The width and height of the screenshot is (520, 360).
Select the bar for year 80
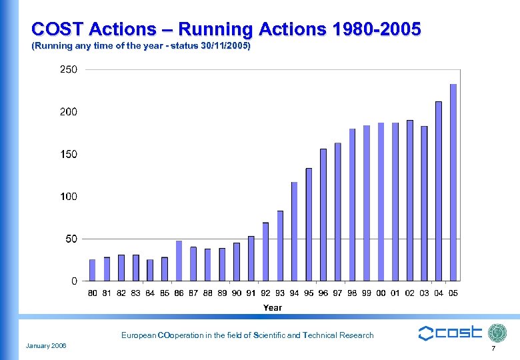pyautogui.click(x=93, y=270)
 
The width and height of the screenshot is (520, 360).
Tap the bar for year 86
pyautogui.click(x=179, y=261)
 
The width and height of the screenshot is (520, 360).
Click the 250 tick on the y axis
pyautogui.click(x=69, y=69)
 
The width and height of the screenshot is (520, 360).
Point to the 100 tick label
pyautogui.click(x=69, y=197)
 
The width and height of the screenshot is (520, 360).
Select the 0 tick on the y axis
pyautogui.click(x=73, y=281)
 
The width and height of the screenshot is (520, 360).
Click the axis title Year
pyautogui.click(x=273, y=308)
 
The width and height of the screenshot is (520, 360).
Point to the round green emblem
pyautogui.click(x=498, y=333)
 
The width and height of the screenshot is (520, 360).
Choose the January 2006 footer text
pyautogui.click(x=51, y=345)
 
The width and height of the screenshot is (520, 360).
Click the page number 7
pyautogui.click(x=493, y=349)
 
